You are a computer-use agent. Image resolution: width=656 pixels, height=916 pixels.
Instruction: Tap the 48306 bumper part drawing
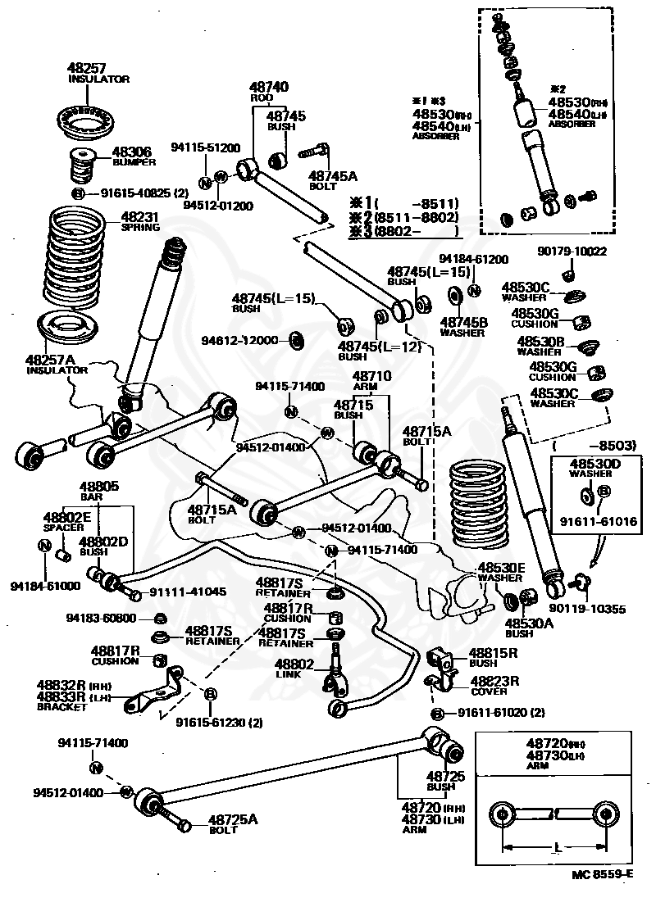pos(81,166)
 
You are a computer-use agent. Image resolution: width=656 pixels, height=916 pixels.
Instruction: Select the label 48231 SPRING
pos(141,221)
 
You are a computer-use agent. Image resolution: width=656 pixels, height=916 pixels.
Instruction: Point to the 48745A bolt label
pos(332,179)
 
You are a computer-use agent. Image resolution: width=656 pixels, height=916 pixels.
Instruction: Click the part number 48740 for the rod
pos(268,86)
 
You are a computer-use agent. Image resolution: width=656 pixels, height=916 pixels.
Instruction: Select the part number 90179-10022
pos(572,252)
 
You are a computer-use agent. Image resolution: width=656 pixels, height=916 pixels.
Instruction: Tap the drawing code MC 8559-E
pos(603,896)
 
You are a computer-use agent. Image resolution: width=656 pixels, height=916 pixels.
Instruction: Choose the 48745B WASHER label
pos(464,327)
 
